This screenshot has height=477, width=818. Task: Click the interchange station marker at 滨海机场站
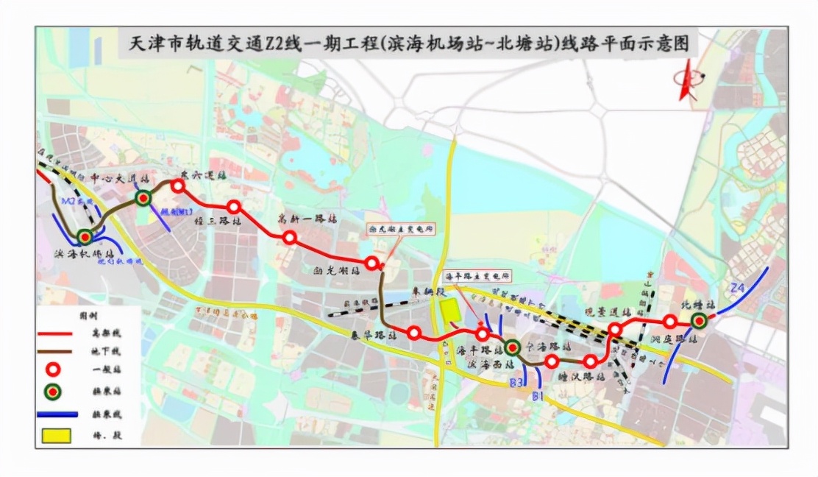click(85, 236)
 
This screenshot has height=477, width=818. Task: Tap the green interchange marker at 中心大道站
click(143, 197)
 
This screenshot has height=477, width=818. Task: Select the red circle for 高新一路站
click(290, 237)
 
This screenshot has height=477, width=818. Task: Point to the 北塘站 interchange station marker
click(698, 320)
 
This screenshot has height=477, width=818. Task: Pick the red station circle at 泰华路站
click(414, 333)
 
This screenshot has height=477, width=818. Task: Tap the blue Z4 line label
click(738, 287)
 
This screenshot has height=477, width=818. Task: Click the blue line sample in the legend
click(54, 414)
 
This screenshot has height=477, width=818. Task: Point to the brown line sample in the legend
click(54, 351)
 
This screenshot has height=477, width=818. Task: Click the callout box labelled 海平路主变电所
click(477, 276)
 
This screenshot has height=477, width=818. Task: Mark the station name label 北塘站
click(700, 303)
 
